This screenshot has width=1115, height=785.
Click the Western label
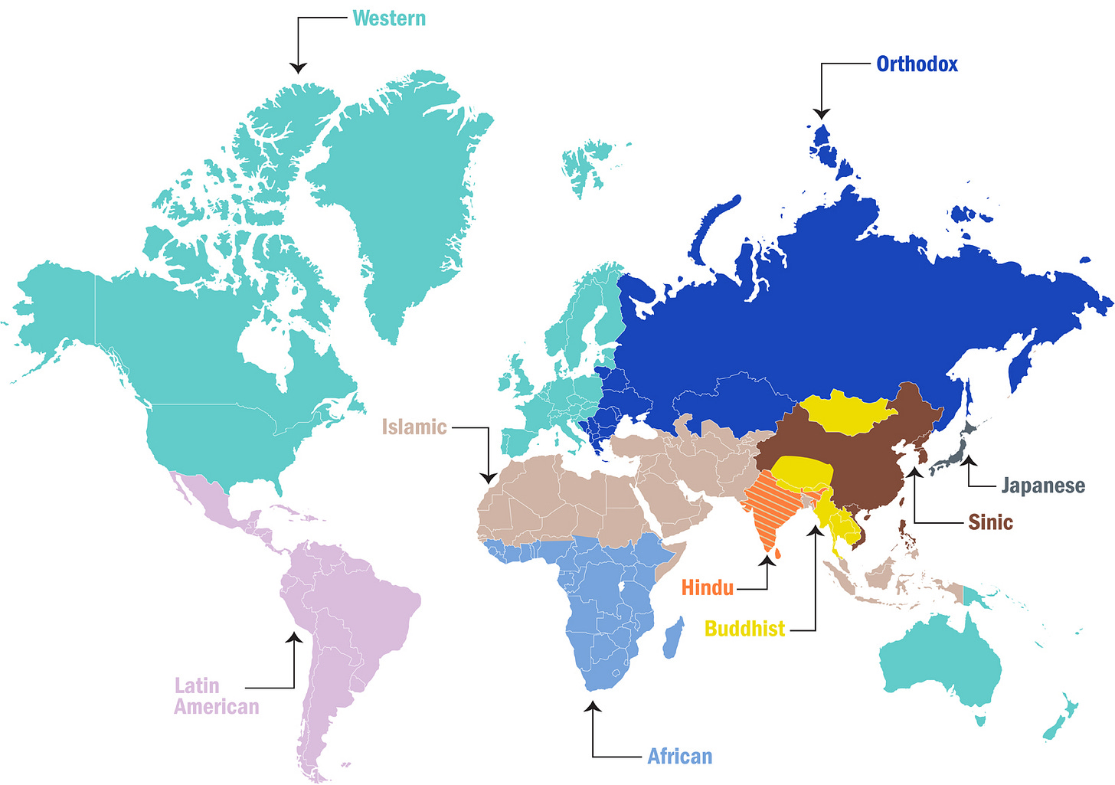[x=388, y=18]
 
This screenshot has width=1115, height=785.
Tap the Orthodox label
[x=917, y=64]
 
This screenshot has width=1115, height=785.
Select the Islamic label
[x=414, y=427]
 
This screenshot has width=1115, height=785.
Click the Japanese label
[x=1043, y=486]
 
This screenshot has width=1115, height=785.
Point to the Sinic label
[x=990, y=522]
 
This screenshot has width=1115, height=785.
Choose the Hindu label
[x=707, y=588]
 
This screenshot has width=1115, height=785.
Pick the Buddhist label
[x=744, y=629]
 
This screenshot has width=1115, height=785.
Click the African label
[x=679, y=757]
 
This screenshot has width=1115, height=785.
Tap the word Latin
[x=197, y=685]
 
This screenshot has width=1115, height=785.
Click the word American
[x=216, y=706]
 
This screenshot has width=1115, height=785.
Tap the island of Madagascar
[x=673, y=638]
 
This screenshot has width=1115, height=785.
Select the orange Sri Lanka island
[x=777, y=552]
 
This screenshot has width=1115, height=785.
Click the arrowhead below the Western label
[x=298, y=68]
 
